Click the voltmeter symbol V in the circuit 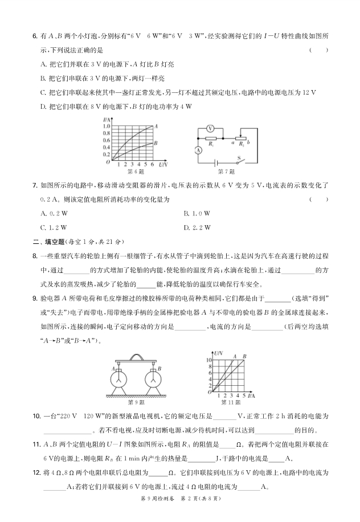click(210, 128)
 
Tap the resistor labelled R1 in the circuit click(210, 138)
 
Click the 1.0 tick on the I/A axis click(106, 126)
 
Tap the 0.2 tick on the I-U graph click(106, 154)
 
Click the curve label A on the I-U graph click(156, 126)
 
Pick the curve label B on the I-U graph click(156, 143)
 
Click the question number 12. click(36, 472)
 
